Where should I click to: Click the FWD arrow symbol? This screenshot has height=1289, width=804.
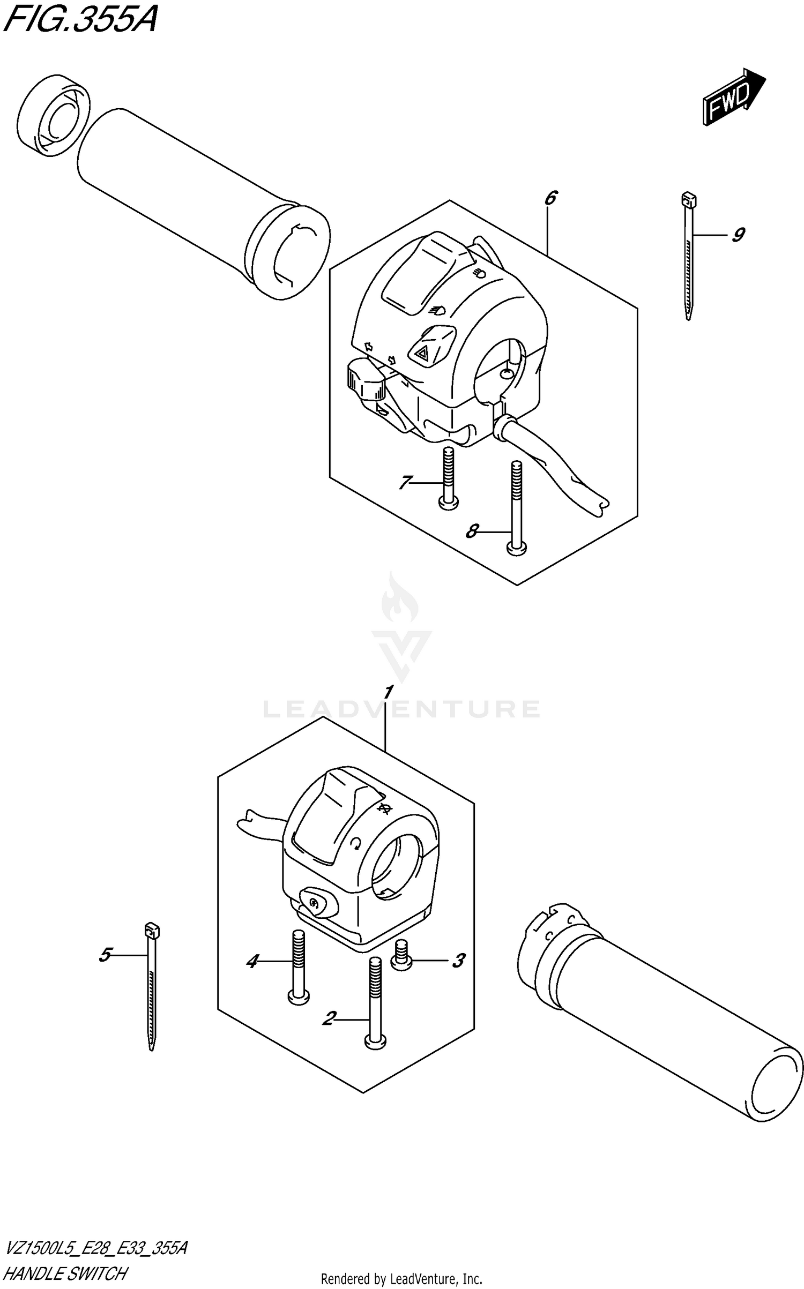pyautogui.click(x=733, y=98)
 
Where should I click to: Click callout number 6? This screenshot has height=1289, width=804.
pyautogui.click(x=550, y=199)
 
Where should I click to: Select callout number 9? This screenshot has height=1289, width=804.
pyautogui.click(x=739, y=235)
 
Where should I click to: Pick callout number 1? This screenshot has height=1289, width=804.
pyautogui.click(x=389, y=692)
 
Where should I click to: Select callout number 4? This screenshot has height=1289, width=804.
pyautogui.click(x=252, y=961)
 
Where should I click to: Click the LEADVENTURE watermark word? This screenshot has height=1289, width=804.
pyautogui.click(x=402, y=709)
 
